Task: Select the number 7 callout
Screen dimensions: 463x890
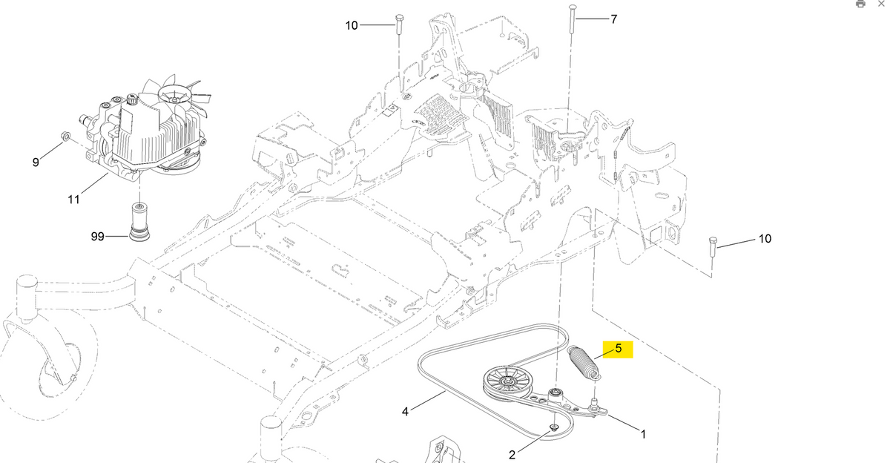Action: [x=614, y=19]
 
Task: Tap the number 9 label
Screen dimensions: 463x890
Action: [x=36, y=162]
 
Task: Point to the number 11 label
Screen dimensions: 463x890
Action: [x=73, y=199]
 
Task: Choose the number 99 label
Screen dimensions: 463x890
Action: [x=98, y=237]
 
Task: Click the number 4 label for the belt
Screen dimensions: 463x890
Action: [x=405, y=410]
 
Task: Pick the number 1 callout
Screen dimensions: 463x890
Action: [x=642, y=434]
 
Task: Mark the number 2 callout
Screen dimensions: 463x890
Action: [x=511, y=454]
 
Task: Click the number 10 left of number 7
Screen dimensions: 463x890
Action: [x=352, y=25]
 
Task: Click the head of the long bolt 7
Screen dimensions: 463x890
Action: [x=570, y=7]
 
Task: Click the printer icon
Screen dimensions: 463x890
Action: [x=860, y=4]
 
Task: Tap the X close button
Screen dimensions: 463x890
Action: [x=880, y=4]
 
